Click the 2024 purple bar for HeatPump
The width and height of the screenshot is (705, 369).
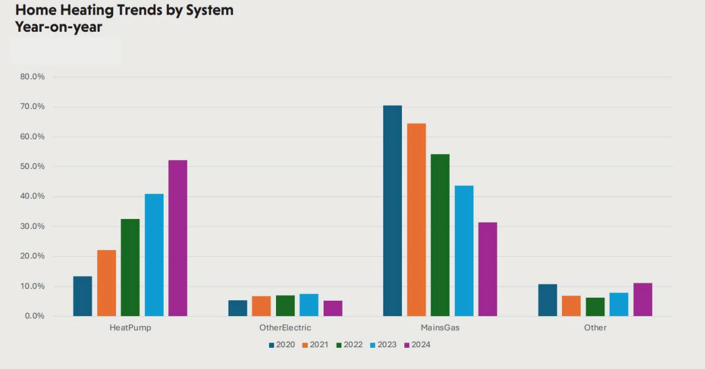coord(178,238)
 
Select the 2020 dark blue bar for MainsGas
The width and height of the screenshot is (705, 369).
coord(393,211)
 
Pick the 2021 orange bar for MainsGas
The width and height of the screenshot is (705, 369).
coord(416,220)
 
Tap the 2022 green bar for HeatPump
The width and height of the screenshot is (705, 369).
coord(130,268)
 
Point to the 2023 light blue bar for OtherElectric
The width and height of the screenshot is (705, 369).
coord(309,305)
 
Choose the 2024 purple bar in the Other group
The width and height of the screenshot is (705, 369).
coord(643,300)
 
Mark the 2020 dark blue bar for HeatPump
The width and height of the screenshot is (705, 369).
coord(82,296)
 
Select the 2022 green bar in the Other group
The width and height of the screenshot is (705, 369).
coord(595,307)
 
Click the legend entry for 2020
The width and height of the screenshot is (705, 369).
coord(282,345)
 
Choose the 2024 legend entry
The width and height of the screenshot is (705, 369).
coord(418,345)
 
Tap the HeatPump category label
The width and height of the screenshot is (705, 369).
coord(130,328)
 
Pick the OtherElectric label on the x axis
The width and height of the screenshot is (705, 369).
coord(285,328)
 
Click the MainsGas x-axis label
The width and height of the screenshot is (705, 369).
coord(440,328)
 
